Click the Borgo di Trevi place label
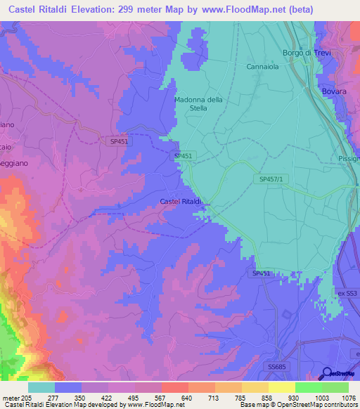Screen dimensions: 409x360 click(306, 53)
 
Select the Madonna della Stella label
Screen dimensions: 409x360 click(198, 104)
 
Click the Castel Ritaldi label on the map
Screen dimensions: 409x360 click(181, 202)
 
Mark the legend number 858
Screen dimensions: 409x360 click(267, 398)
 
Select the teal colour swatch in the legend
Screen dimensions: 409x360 click(41, 387)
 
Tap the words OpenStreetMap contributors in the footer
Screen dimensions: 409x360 click(319, 405)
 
